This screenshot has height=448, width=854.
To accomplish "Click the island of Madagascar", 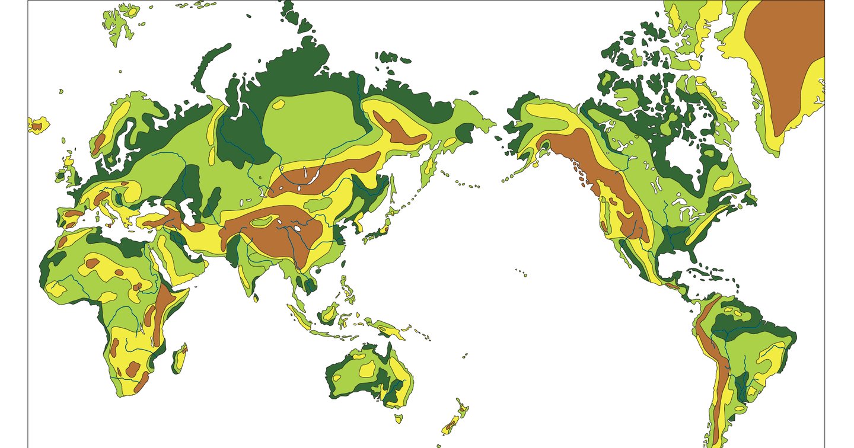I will click(180, 359).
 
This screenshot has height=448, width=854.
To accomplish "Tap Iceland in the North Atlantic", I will click(37, 125).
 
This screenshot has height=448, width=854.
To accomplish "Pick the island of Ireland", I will click(62, 174).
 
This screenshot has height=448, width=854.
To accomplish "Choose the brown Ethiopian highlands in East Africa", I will click(163, 299).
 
